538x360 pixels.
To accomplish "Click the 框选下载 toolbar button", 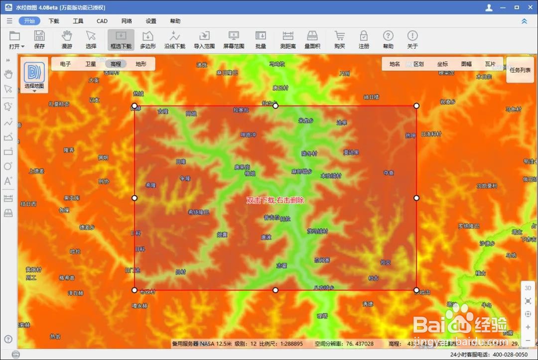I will pos(121,39).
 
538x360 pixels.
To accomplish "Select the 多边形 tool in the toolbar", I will pos(147,39).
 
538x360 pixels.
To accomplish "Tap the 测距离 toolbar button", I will pos(287,39).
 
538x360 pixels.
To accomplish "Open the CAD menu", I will pos(102,21).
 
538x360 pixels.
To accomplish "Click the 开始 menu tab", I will pos(29,21).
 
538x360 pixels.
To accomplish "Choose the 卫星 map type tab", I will pos(90,64).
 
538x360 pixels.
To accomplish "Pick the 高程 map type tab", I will pos(116,64).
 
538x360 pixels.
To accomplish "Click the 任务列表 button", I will pos(520,70).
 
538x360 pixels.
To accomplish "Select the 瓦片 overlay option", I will pos(490,64).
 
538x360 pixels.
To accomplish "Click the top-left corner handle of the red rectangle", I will pos(134,106).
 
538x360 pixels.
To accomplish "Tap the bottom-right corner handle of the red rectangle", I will pos(416,290).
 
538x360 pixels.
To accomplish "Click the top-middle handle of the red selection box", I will pos(275,106).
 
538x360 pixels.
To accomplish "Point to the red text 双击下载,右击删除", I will pos(275,200).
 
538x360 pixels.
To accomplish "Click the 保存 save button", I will pos(39,39).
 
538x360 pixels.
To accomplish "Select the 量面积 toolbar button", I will pos(312,39).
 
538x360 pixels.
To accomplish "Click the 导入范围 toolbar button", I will pos(204,39).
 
